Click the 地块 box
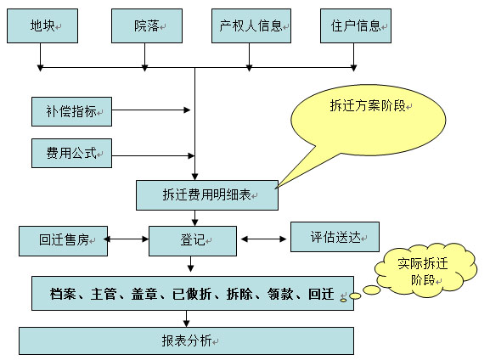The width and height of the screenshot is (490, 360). (x=42, y=26)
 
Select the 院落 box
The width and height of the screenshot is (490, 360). (x=147, y=26)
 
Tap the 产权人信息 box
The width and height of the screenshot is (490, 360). (x=251, y=26)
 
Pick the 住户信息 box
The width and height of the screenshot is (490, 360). (x=356, y=26)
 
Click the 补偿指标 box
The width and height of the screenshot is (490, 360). (x=71, y=111)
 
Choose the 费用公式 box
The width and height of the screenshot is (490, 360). (x=71, y=154)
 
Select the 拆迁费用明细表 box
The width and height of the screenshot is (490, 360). (x=207, y=195)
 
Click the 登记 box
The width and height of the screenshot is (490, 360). (x=193, y=241)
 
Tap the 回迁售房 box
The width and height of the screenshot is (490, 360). (x=63, y=241)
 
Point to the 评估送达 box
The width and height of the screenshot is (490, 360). (x=335, y=237)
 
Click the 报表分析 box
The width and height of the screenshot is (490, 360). (x=186, y=341)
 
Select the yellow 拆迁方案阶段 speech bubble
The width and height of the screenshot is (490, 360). (x=368, y=121)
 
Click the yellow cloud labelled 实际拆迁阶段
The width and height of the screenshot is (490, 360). (x=425, y=269)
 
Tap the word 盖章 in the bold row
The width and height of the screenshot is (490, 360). (x=144, y=294)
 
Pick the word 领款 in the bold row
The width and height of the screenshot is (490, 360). (x=280, y=294)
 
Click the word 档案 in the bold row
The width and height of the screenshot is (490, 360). (x=63, y=294)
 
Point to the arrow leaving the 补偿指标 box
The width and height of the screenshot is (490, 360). (x=151, y=110)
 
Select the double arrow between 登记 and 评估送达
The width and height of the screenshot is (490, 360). (x=264, y=239)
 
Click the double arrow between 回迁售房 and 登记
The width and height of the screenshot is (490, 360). (x=127, y=239)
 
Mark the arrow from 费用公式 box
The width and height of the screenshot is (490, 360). (x=153, y=155)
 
